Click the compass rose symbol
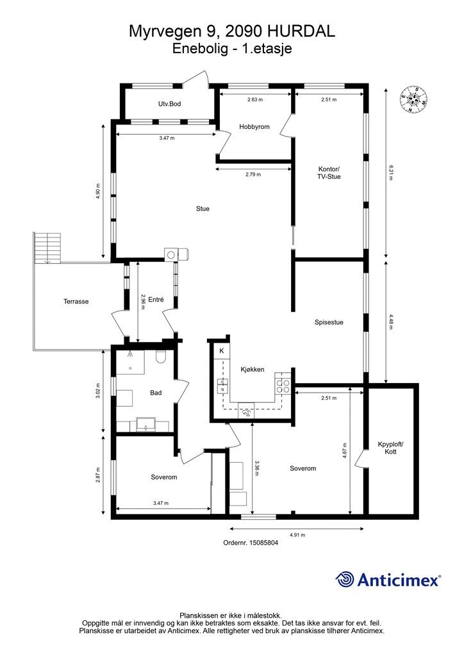pyautogui.click(x=414, y=99)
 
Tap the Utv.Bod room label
pyautogui.click(x=169, y=103)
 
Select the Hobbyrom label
pyautogui.click(x=254, y=126)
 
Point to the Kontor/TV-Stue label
pyautogui.click(x=329, y=173)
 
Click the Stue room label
pyautogui.click(x=203, y=209)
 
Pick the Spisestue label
pyautogui.click(x=329, y=322)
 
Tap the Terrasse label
pyautogui.click(x=76, y=302)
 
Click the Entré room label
pyautogui.click(x=156, y=300)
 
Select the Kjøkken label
pyautogui.click(x=253, y=369)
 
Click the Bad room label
pyautogui.click(x=156, y=393)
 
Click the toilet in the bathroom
pyautogui.click(x=161, y=357)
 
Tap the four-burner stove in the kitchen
pyautogui.click(x=283, y=386)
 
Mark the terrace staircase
pyautogui.click(x=47, y=248)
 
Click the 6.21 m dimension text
pyautogui.click(x=391, y=173)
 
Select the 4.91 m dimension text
pyautogui.click(x=297, y=535)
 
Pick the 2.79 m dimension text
pyautogui.click(x=253, y=175)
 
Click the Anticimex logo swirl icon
pyautogui.click(x=345, y=580)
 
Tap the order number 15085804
pyautogui.click(x=263, y=543)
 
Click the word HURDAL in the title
pyautogui.click(x=301, y=31)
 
